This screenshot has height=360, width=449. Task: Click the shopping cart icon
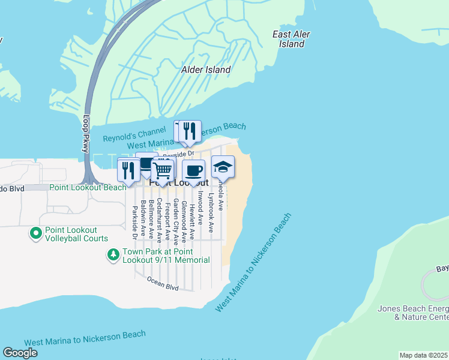coord(163,170)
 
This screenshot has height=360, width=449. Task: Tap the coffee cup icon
coord(193,170)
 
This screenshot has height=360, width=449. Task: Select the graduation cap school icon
coord(223,167)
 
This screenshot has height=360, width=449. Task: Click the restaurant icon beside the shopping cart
coord(128,170)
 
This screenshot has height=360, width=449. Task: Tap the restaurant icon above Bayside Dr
coord(190,131)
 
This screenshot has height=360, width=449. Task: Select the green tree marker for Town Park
coord(113,255)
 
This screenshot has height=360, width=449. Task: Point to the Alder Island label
coord(206,70)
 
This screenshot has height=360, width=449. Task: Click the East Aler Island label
coord(291,39)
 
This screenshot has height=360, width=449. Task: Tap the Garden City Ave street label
coord(176,222)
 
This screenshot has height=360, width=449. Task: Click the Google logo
coord(20,353)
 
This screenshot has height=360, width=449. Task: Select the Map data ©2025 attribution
coord(423,355)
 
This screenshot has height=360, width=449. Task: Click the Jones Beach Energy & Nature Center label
coord(412,313)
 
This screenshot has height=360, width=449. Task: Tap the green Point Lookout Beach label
coord(88,187)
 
